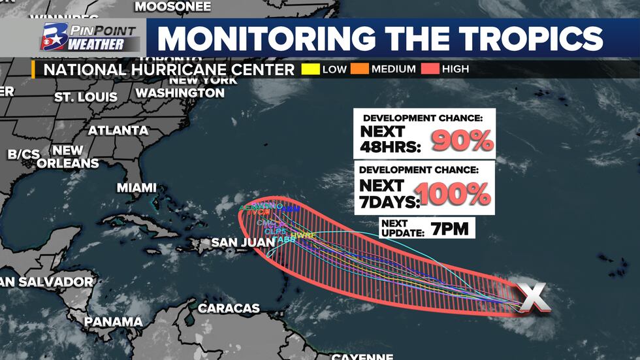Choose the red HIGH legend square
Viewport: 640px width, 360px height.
tap(430, 69)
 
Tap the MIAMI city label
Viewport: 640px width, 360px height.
tap(136, 188)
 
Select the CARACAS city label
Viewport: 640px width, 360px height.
tap(229, 307)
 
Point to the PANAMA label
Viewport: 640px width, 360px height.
tap(113, 321)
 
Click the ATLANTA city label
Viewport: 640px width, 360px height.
tap(118, 130)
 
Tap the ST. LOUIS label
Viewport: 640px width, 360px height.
tap(86, 97)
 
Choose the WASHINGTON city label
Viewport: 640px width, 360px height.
tap(180, 93)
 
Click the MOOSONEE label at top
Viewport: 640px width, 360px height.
tap(172, 7)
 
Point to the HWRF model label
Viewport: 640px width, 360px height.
tap(303, 235)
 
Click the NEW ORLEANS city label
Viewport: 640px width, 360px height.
tap(67, 157)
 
